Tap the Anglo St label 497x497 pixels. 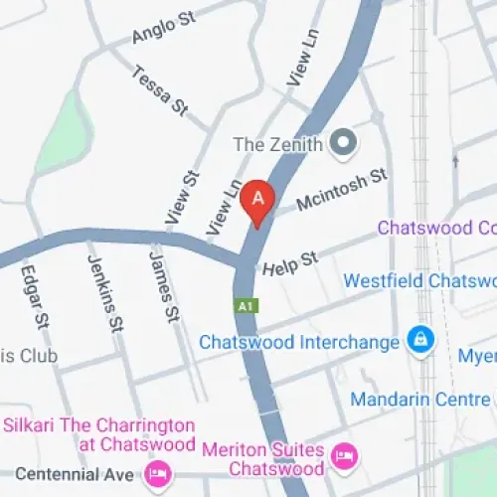point(161,28)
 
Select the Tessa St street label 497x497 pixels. point(158,88)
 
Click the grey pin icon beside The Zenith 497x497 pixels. point(345,144)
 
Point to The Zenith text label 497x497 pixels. point(277,144)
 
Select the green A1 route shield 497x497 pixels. point(246,306)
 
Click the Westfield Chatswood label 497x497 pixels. point(418,281)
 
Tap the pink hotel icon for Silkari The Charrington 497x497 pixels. point(157,471)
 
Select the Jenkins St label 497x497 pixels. point(105,293)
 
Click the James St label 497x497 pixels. point(163,285)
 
